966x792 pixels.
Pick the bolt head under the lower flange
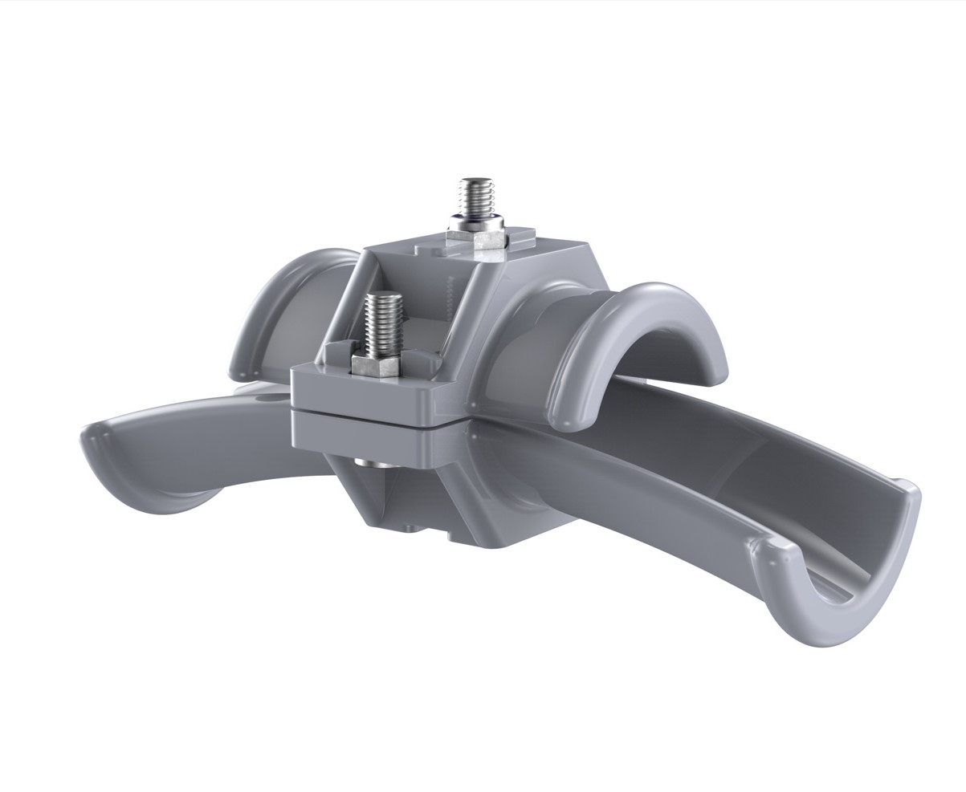pos(368,465)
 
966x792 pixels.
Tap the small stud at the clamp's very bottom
pos(410,527)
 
